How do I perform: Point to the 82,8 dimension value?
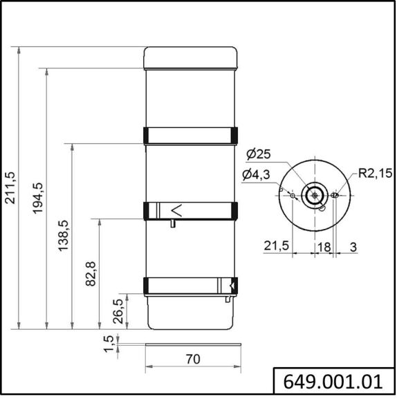point(91,274)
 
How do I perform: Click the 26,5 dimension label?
point(118,311)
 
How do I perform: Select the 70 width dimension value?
point(193,359)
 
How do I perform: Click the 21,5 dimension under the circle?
point(276,245)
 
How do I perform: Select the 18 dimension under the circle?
point(324,245)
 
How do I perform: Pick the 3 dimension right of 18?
point(353,245)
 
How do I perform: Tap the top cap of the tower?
point(190,57)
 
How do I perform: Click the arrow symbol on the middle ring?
point(176,210)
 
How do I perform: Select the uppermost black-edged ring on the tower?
point(190,135)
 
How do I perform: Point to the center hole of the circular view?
point(315,194)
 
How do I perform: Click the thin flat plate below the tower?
point(193,344)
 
